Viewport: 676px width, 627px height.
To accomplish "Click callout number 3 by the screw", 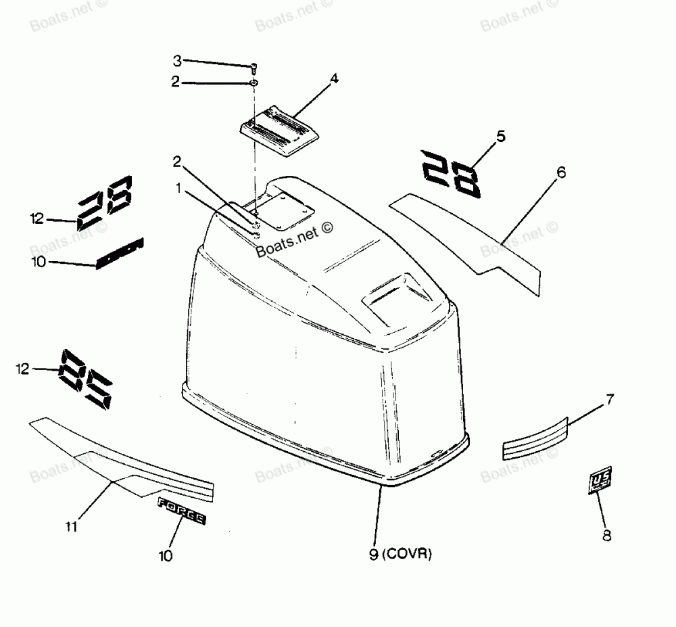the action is (x=177, y=61).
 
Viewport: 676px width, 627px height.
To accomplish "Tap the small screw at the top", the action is (x=254, y=68).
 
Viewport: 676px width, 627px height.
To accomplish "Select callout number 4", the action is (x=334, y=79).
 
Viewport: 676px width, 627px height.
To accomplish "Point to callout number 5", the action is (x=501, y=136).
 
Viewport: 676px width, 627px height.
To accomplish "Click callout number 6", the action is (x=560, y=172).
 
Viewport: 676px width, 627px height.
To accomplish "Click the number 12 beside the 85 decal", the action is (x=24, y=369).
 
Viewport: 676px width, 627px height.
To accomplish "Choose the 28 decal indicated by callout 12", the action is (x=105, y=202).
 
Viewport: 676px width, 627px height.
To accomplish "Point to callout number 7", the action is (x=610, y=400).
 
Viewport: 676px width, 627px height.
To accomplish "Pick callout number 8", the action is (x=606, y=536).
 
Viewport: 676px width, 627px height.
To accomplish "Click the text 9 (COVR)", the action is (x=400, y=555).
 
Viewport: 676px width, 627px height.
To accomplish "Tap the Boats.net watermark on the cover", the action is (x=295, y=240).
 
